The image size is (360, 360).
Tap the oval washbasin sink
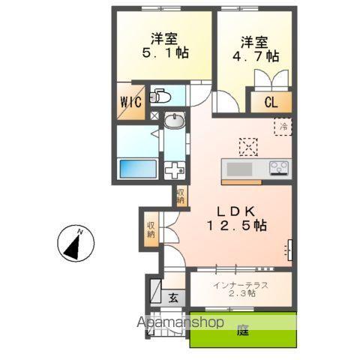coord(175,122)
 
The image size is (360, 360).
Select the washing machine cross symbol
coord(174,169)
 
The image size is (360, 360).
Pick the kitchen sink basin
coord(239,168)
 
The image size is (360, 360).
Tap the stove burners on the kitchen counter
coord(279,167)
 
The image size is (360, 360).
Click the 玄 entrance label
coord(172,297)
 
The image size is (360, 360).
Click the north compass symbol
coord(74,245)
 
